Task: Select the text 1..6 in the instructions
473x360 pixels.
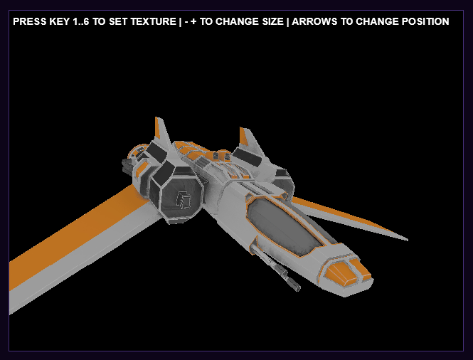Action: click(81, 21)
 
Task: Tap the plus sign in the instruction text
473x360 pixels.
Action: click(193, 22)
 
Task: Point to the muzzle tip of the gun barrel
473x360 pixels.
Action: click(297, 288)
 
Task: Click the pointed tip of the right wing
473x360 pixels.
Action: click(407, 240)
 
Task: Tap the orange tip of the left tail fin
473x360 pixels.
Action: click(157, 127)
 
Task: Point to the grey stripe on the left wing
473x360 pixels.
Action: click(82, 257)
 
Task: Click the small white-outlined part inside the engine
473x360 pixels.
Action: click(183, 201)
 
